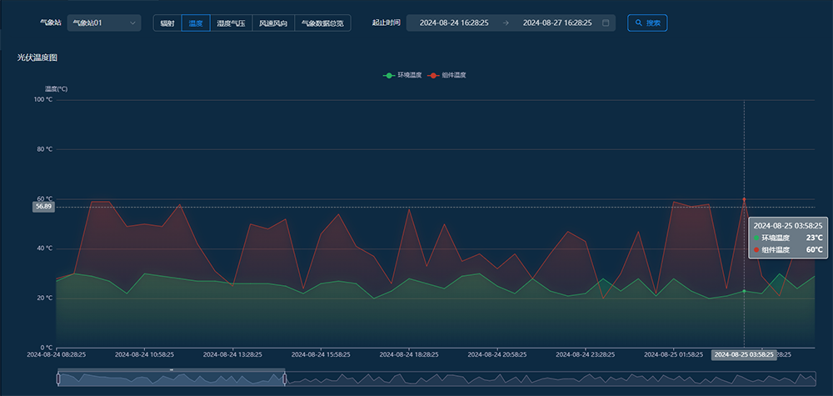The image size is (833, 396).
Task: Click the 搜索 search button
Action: pos(647,23)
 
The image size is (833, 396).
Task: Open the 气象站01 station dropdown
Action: pos(104,23)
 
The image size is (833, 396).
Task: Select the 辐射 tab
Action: pos(167,23)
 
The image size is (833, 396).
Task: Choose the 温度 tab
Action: pos(196,23)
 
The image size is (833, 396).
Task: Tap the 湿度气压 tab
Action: pos(231,23)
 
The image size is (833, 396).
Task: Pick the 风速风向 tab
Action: pos(272,23)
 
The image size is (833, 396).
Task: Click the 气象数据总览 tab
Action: pos(322,23)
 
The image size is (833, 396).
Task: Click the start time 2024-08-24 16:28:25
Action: pos(454,23)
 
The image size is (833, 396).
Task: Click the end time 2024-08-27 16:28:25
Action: pos(557,23)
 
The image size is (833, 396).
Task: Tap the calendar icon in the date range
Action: pos(606,23)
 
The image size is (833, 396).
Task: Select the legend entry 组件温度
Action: pos(447,75)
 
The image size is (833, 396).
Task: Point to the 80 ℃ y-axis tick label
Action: pos(43,149)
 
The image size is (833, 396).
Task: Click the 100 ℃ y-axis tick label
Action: pos(42,100)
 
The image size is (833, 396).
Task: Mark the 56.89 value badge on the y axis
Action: pos(43,206)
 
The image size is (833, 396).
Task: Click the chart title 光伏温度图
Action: pos(37,58)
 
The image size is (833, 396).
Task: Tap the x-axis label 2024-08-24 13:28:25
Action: pos(234,354)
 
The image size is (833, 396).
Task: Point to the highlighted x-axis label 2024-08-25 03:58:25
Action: pos(744,354)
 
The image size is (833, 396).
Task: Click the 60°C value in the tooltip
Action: pos(814,249)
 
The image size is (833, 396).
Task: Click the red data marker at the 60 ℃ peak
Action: pos(744,200)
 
